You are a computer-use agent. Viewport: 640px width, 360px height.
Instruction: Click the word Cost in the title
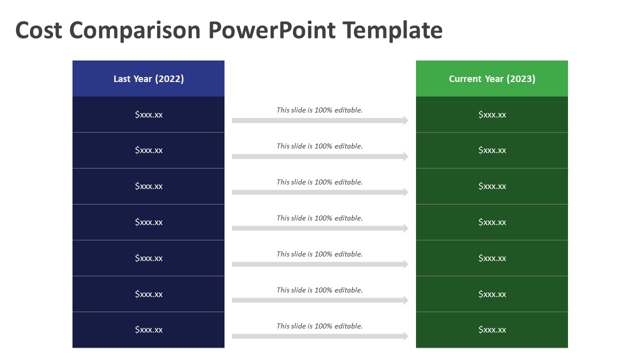point(39,30)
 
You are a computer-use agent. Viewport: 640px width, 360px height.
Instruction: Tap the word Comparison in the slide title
point(134,31)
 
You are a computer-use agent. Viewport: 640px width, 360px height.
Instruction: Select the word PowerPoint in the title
point(271,30)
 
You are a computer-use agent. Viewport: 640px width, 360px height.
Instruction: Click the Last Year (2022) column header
point(148,78)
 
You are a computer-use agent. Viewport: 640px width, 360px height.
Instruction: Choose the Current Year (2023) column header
point(492,78)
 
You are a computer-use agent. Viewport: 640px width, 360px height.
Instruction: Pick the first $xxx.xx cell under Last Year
point(148,114)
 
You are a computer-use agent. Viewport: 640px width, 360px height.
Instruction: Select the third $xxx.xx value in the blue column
point(148,186)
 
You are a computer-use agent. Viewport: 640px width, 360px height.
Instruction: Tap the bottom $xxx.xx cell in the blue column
point(148,329)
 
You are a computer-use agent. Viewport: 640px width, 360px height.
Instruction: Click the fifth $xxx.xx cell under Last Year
point(148,258)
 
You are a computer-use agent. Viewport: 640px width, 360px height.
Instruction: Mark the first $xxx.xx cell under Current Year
point(492,114)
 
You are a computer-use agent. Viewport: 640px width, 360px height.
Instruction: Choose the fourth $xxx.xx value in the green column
point(492,222)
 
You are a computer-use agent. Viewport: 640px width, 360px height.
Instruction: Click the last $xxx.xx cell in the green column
point(492,329)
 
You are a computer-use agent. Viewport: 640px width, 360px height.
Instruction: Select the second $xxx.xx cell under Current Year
point(492,150)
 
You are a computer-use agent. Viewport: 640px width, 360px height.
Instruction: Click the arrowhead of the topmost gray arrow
point(404,120)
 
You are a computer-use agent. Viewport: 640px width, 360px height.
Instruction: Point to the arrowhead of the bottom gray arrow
point(404,336)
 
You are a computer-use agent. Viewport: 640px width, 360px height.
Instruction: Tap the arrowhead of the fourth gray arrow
point(404,228)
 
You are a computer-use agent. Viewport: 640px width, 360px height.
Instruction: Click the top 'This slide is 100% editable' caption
point(319,110)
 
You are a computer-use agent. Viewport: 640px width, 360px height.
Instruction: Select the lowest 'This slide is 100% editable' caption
point(319,326)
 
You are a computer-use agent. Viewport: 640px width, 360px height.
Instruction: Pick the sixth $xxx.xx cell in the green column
point(492,294)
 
